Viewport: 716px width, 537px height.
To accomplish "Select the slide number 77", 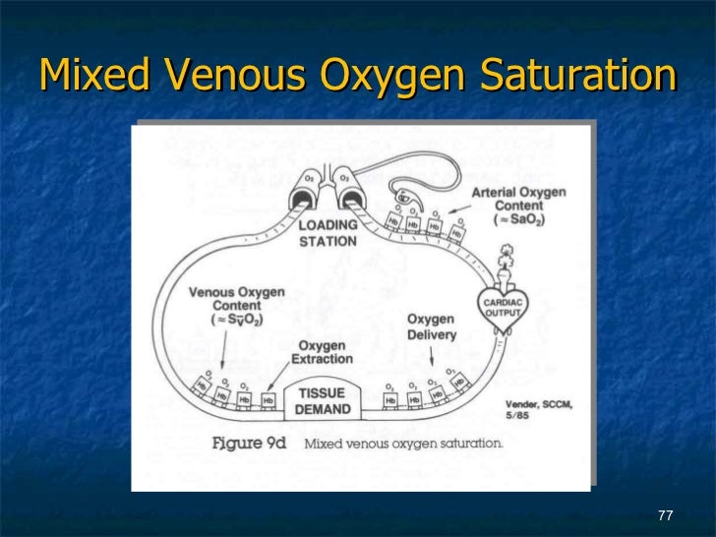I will click(x=665, y=516).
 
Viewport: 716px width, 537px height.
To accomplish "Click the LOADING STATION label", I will click(x=328, y=233).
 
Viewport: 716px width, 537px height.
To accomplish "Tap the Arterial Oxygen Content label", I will click(x=519, y=207).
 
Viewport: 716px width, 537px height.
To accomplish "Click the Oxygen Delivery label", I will click(x=432, y=328).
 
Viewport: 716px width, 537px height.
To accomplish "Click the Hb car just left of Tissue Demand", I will click(x=268, y=399).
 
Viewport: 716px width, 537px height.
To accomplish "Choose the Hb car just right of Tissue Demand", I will click(x=389, y=399).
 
